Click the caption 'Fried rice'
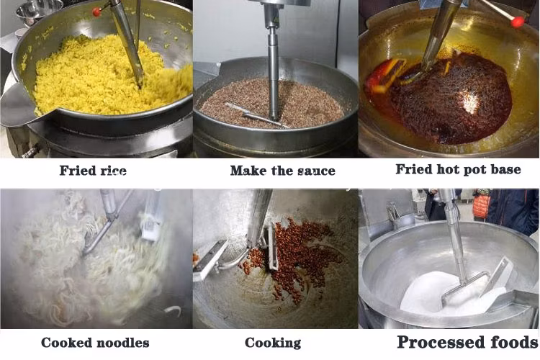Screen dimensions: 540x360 [x=93, y=170]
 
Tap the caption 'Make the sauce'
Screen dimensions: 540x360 [x=282, y=170]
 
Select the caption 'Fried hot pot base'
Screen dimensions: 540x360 [x=458, y=169]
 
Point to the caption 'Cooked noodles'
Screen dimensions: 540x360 [x=95, y=343]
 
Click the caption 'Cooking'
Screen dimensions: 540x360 [x=273, y=343]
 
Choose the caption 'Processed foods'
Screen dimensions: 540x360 [x=468, y=342]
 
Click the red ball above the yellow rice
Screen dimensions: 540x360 [x=96, y=12]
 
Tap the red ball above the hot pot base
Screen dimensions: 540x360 [x=517, y=22]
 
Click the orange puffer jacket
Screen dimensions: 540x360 [x=482, y=206]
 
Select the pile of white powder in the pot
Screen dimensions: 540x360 [x=448, y=294]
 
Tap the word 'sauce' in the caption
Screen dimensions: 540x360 [x=316, y=171]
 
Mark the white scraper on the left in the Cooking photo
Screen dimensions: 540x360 [x=210, y=261]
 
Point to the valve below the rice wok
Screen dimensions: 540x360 [x=30, y=152]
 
